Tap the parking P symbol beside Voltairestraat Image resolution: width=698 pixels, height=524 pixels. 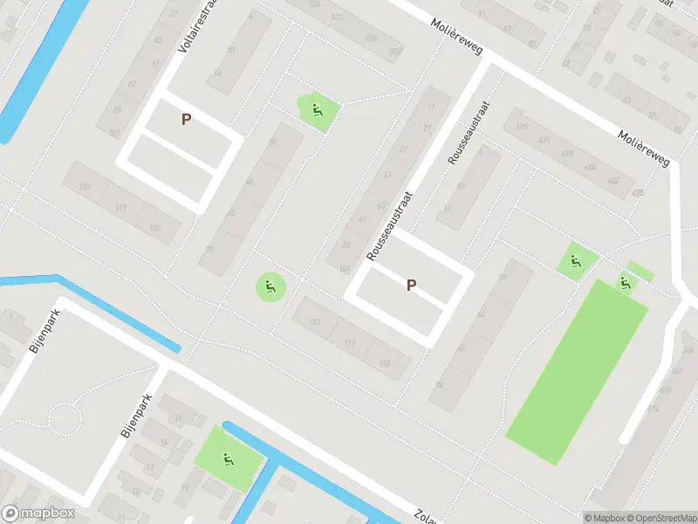[x=186, y=120]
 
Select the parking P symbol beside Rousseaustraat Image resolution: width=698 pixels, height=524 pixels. [x=411, y=284]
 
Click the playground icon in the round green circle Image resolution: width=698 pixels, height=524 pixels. [x=270, y=286]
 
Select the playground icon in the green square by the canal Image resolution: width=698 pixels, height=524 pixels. [x=228, y=458]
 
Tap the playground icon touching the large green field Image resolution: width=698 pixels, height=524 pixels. [x=625, y=281]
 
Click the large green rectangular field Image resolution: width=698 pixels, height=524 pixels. [x=578, y=371]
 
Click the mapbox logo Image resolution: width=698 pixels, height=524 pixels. [x=38, y=514]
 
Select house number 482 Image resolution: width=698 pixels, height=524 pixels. [x=613, y=181]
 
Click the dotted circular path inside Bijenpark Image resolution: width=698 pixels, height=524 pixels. [x=65, y=419]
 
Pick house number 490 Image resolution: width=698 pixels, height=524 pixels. [x=567, y=155]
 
